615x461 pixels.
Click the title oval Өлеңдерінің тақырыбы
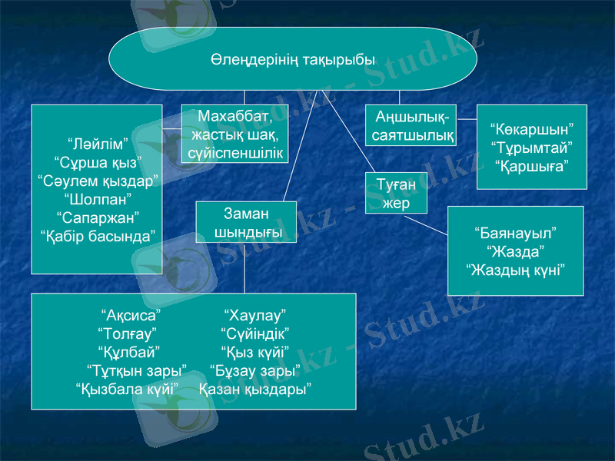pyautogui.click(x=293, y=59)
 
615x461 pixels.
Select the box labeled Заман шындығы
pyautogui.click(x=246, y=222)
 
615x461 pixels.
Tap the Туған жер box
pyautogui.click(x=397, y=194)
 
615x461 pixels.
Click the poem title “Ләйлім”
pyautogui.click(x=97, y=144)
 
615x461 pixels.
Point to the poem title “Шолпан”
pyautogui.click(x=97, y=198)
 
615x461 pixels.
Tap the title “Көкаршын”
pyautogui.click(x=532, y=129)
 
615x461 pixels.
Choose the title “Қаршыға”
pyautogui.click(x=532, y=165)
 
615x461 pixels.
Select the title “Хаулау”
pyautogui.click(x=254, y=316)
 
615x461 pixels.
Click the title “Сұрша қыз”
pyautogui.click(x=97, y=163)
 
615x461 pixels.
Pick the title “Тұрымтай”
pyautogui.click(x=532, y=147)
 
